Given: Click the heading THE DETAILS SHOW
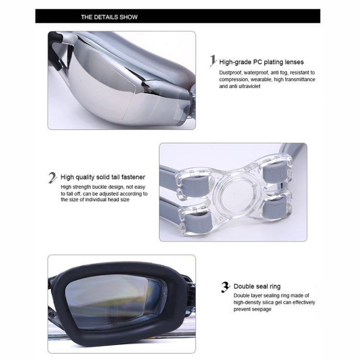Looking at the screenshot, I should pos(109,17).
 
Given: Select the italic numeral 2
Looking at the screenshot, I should pos(53,178).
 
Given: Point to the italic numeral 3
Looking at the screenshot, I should pos(225,287).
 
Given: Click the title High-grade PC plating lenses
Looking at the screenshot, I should pos(261,62).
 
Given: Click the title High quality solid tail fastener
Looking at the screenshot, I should pos(103,177).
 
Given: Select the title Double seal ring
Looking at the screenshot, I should pos(257,287).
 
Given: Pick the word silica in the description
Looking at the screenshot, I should pos(270,302).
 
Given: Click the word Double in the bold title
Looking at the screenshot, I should pos(245,287).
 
